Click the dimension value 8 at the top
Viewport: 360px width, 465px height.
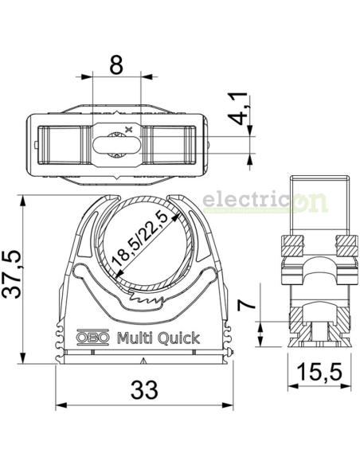116,66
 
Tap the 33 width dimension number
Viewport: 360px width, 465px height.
143,389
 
